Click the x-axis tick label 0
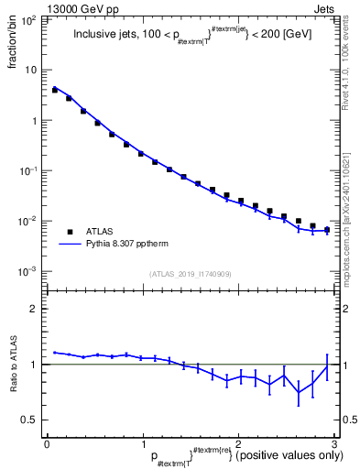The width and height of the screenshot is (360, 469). (47, 443)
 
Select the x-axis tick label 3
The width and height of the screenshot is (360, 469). (334, 443)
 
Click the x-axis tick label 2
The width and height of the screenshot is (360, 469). (238, 443)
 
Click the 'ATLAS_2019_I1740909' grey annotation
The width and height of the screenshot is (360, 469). (191, 274)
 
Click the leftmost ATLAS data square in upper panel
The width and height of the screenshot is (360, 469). (55, 90)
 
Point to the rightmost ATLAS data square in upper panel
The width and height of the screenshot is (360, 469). (327, 230)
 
